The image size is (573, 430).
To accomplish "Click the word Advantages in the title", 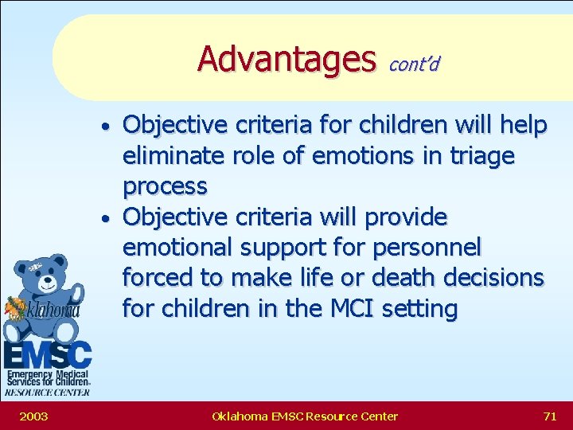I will [x=286, y=58].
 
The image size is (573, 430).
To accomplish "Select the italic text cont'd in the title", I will [x=414, y=63].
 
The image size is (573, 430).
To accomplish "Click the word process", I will [x=165, y=186].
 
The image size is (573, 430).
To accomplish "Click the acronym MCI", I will [x=349, y=308].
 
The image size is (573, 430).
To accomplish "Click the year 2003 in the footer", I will [x=33, y=416].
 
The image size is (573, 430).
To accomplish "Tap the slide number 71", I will [x=549, y=416].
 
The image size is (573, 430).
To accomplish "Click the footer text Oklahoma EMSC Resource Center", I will [x=305, y=416].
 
